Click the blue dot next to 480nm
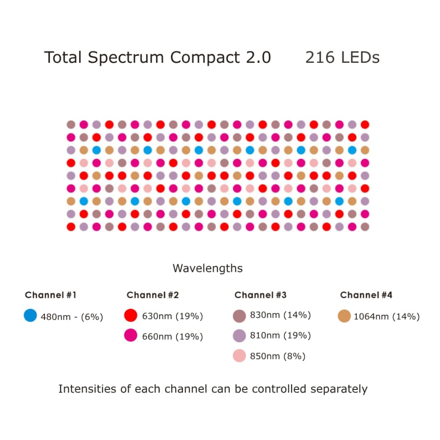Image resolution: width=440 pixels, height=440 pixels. pos(30,315)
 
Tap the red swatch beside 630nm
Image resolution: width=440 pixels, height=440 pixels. pos(131,315)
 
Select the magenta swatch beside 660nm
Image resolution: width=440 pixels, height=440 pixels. pos(131,336)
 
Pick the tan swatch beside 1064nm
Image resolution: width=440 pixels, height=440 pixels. pos(345,316)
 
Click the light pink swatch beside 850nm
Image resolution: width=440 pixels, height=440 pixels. pos(239,356)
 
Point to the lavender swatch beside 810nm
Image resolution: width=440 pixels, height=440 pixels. pos(239,336)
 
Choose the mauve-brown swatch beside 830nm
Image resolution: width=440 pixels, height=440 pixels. pos(239,315)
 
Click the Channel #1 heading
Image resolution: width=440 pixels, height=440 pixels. pos(51,295)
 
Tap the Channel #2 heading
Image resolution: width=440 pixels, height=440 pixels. pos(153,295)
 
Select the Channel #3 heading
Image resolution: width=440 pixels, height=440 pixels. pos(260,295)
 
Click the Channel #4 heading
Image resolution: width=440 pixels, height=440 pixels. pos(366,295)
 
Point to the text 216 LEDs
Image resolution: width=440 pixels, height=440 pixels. pos(342,58)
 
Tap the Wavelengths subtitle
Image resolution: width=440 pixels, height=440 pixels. pos(207,268)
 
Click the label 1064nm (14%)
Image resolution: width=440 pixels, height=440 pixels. pos(386,316)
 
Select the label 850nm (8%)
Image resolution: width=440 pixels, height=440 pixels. pos(278,356)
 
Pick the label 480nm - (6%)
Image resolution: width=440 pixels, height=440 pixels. pos(72,316)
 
